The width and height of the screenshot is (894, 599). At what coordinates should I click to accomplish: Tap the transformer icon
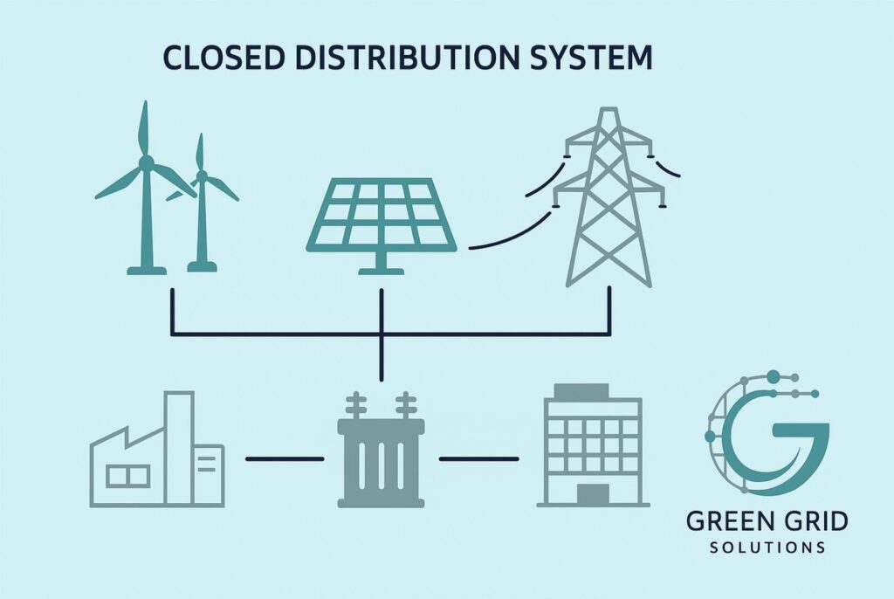pos(381,458)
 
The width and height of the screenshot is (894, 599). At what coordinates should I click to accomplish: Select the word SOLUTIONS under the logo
pos(767,548)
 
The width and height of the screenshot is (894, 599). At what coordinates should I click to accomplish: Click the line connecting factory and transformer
pos(284,458)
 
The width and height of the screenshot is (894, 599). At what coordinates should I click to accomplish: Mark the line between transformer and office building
pos(478,458)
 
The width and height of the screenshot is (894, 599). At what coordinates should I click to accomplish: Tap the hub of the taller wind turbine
pos(146,162)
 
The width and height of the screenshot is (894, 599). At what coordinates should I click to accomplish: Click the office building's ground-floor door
pos(593,493)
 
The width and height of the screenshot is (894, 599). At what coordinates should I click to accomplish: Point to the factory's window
pos(127,476)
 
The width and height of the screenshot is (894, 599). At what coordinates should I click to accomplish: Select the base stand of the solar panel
pos(382,265)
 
